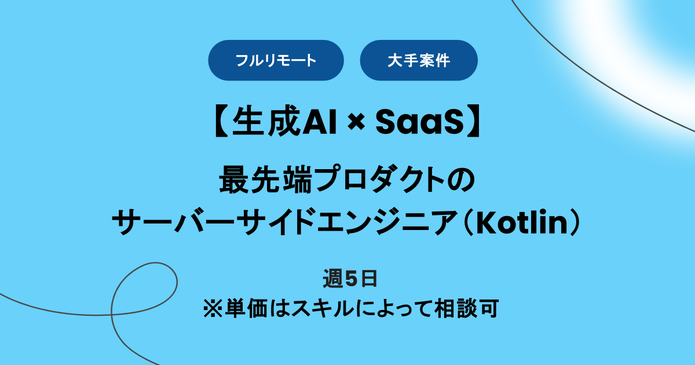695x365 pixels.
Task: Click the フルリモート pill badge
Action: (x=276, y=60)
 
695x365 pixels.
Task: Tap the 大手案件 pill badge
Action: (x=418, y=60)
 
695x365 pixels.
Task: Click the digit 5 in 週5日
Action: (x=350, y=279)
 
